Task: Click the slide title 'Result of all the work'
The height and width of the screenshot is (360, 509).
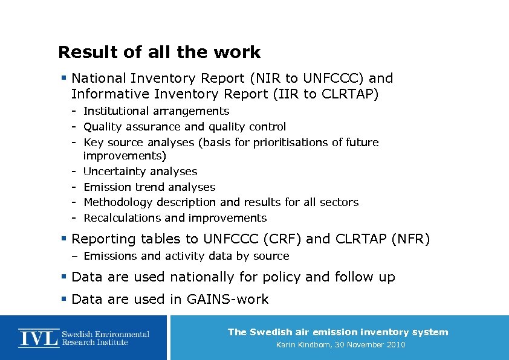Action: [x=159, y=53]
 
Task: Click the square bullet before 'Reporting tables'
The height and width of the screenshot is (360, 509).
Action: [x=63, y=239]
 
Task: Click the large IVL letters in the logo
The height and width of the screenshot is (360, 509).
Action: [x=39, y=338]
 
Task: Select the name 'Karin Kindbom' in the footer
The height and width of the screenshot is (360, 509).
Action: [x=303, y=345]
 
